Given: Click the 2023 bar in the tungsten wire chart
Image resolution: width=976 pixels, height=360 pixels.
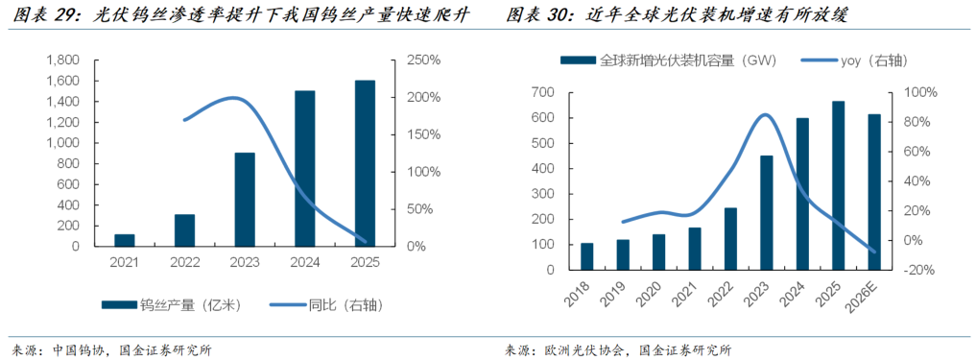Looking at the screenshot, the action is (245, 200).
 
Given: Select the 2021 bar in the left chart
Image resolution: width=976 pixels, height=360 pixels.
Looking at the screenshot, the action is (125, 240).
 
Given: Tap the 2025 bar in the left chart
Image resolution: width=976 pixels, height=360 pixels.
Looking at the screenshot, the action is (365, 163).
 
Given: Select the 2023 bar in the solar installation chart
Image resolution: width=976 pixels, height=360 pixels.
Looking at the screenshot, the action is (766, 213).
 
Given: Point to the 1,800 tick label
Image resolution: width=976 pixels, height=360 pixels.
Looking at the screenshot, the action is (64, 60).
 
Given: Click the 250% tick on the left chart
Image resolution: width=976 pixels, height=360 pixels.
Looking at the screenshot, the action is (423, 60).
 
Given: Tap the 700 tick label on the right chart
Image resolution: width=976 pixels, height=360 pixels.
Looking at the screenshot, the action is (543, 92).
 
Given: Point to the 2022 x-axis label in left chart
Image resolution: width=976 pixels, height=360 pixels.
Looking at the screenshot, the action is (184, 263).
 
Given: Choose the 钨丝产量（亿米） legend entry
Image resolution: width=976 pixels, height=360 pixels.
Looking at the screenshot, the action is (170, 305).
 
